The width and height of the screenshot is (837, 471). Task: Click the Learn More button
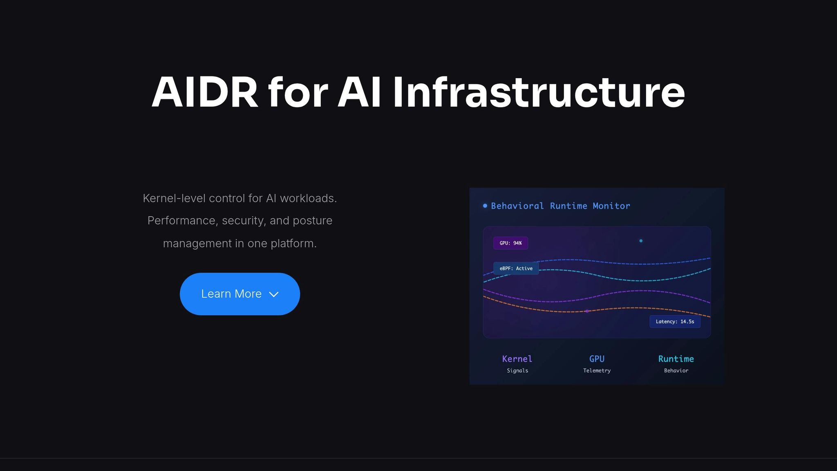pos(240,294)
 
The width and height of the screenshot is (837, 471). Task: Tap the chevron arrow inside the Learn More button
pos(274,294)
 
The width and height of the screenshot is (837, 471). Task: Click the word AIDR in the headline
pos(205,92)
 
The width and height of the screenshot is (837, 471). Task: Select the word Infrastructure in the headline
pos(539,92)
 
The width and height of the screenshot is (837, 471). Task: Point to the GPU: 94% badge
pos(510,243)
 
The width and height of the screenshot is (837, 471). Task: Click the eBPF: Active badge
pos(516,269)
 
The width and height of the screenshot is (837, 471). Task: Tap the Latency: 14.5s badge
pos(675,322)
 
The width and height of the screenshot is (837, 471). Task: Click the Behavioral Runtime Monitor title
pos(560,206)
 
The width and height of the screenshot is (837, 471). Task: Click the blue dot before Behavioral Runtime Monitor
pos(485,206)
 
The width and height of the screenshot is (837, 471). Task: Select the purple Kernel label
pos(517,359)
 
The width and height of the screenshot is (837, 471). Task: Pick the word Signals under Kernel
pos(517,371)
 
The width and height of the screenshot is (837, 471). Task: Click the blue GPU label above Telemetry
pos(597,359)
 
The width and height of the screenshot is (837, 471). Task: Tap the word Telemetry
pos(597,371)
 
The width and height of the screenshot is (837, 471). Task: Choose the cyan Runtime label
pos(676,359)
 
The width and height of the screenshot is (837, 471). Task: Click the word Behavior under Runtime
pos(676,371)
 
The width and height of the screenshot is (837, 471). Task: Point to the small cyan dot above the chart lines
pos(641,241)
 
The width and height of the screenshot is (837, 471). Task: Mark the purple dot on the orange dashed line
pos(587,311)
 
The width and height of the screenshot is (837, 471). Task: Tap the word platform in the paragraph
pos(293,244)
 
